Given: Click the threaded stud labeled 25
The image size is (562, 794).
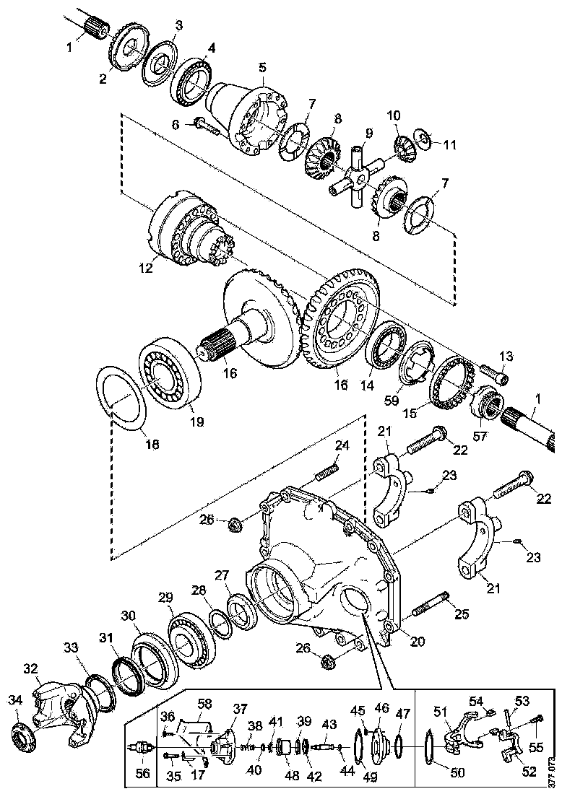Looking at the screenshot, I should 431,605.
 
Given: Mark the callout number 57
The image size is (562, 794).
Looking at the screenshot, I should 480,437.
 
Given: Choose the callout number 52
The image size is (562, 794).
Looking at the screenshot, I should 529,771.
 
